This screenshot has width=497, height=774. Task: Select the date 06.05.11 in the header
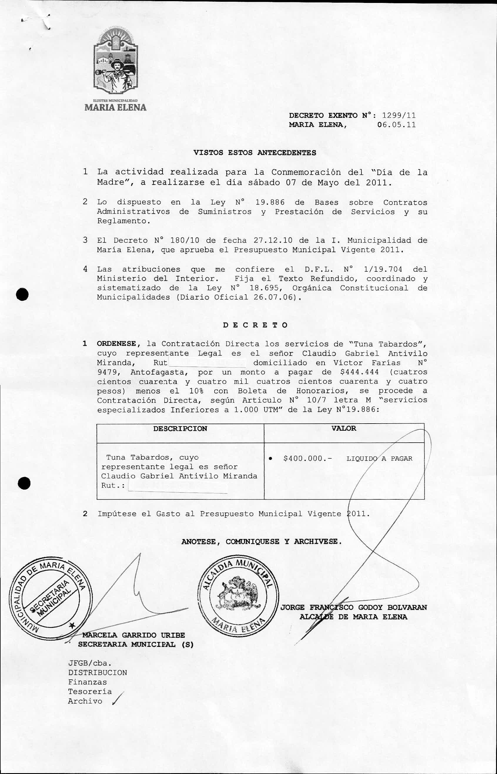coord(396,125)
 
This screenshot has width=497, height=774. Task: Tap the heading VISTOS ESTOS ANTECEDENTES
coord(255,153)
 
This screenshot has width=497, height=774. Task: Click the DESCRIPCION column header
coord(180,429)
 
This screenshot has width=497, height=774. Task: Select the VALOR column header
coord(344,428)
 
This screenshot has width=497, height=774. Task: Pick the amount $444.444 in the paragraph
coord(359,372)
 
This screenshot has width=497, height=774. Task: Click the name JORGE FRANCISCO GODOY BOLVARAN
coord(354,607)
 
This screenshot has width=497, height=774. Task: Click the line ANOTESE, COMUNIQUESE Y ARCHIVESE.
coord(261,542)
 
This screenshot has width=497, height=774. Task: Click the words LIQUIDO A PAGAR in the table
coord(379,459)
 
